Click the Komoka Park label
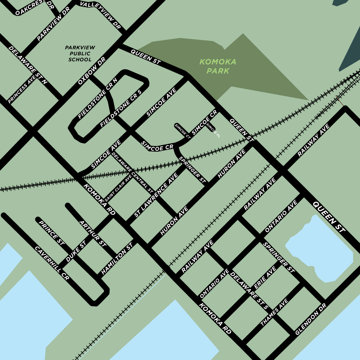[x=218, y=66]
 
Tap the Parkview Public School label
[x=80, y=54]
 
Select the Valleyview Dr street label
[x=100, y=16]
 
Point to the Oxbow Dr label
[x=92, y=70]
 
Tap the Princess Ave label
[x=22, y=89]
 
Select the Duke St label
[x=76, y=252]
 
